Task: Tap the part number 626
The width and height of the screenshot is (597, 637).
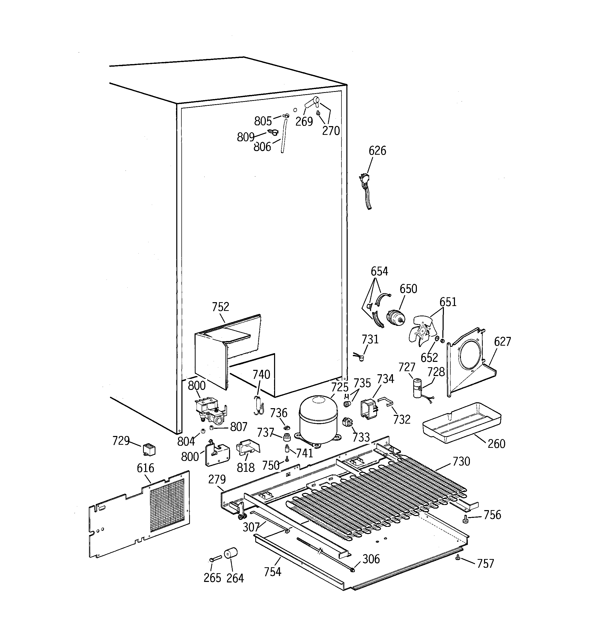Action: (x=377, y=151)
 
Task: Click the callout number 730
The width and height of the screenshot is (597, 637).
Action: (x=461, y=461)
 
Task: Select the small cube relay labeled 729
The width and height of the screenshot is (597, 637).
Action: (x=149, y=450)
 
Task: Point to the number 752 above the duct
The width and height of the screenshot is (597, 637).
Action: (x=221, y=307)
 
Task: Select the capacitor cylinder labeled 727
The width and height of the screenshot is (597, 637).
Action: (x=417, y=388)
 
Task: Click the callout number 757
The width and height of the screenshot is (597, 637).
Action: (x=486, y=563)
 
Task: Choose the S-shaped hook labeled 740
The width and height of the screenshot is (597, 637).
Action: (x=259, y=405)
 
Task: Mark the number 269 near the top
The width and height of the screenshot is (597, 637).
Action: (x=304, y=121)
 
